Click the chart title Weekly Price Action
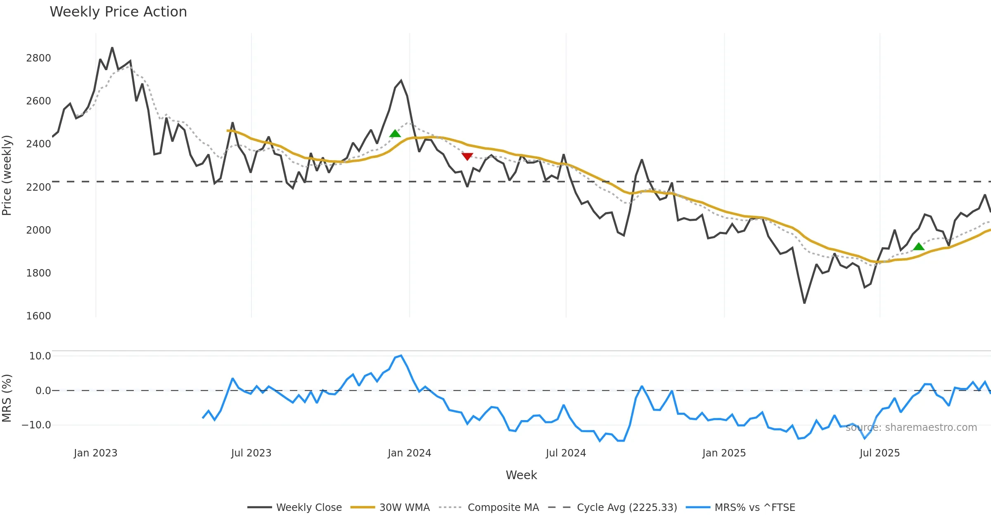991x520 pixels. pos(118,12)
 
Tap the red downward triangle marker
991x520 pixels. pos(467,156)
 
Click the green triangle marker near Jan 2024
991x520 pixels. pos(395,133)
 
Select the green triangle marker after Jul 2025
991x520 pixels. pos(919,247)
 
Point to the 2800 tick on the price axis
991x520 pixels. pos(38,58)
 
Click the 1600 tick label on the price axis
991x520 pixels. pos(38,316)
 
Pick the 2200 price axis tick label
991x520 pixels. pos(38,187)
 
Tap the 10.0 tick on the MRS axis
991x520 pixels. pos(40,356)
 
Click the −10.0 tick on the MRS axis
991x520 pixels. pos(36,425)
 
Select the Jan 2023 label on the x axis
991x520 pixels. pos(96,453)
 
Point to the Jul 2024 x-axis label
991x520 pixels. pos(566,453)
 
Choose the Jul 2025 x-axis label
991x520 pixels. pos(880,453)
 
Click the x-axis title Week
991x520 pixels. pos(521,475)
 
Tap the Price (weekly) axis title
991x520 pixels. pos(7,175)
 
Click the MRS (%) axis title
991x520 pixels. pos(7,398)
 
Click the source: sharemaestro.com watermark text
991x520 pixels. pos(911,428)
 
